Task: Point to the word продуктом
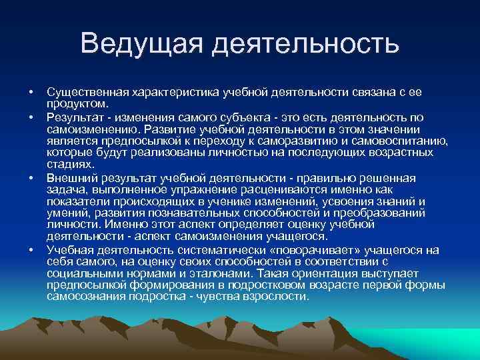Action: click(73, 104)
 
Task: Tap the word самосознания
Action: click(84, 297)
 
